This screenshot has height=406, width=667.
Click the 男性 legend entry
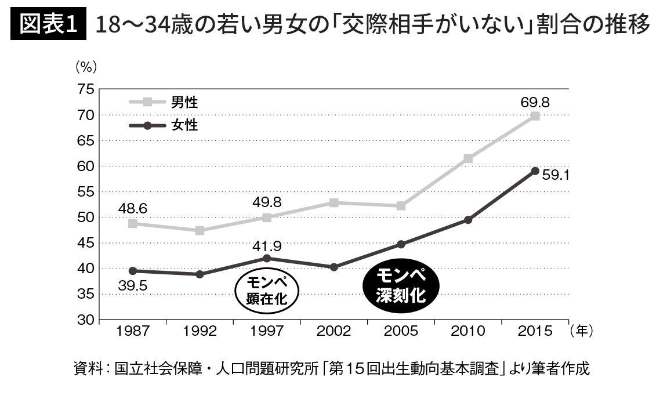click(x=184, y=103)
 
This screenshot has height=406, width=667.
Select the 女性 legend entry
click(x=184, y=125)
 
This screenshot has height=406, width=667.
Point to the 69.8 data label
click(x=535, y=103)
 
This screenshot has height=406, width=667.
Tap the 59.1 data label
click(x=554, y=173)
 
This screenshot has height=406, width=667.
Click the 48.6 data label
click(x=132, y=207)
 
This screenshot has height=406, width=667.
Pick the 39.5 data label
click(x=132, y=285)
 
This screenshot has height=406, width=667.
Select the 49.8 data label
click(x=266, y=202)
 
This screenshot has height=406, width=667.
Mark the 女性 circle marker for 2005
click(x=401, y=244)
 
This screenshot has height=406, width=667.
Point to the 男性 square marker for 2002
click(x=333, y=202)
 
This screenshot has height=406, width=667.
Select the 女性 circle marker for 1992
click(x=200, y=274)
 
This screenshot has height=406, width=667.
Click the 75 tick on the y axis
click(x=84, y=89)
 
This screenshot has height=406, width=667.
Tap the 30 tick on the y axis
click(x=84, y=320)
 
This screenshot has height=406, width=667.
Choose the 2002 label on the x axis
click(x=333, y=331)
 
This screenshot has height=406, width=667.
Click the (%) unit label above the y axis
click(x=85, y=66)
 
